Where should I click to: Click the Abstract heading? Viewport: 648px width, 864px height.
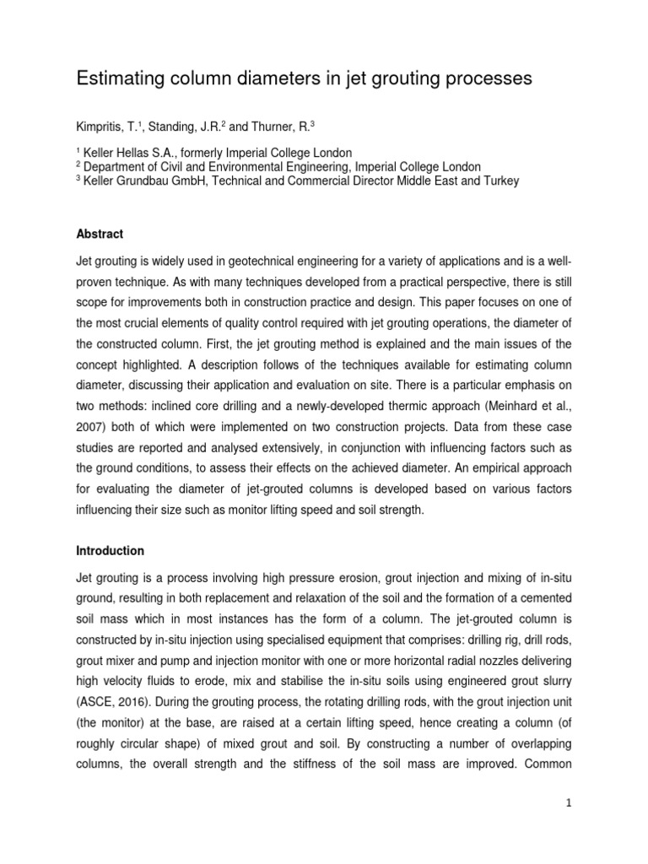(100, 235)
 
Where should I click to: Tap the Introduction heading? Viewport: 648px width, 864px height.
(110, 551)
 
